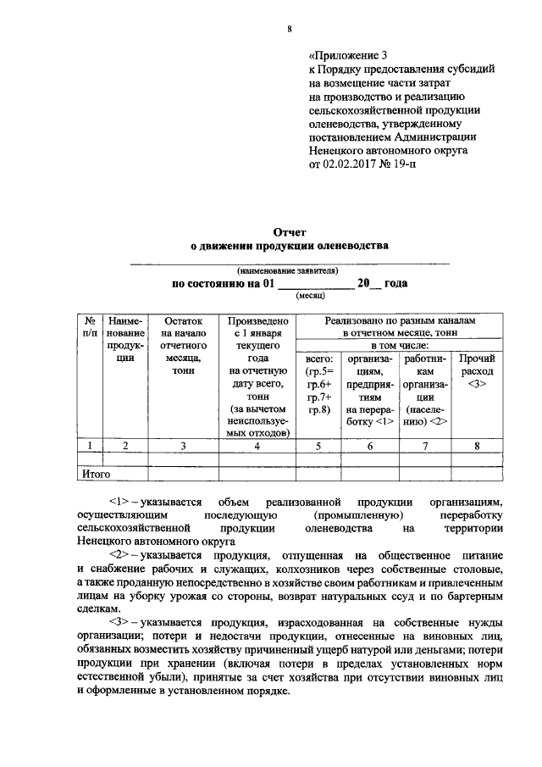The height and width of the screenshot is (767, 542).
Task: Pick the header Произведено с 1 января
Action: (258, 328)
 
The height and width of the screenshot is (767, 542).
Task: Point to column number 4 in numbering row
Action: (258, 445)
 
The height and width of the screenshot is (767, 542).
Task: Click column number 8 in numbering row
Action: (477, 445)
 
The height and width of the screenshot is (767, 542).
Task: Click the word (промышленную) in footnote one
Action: (357, 514)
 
